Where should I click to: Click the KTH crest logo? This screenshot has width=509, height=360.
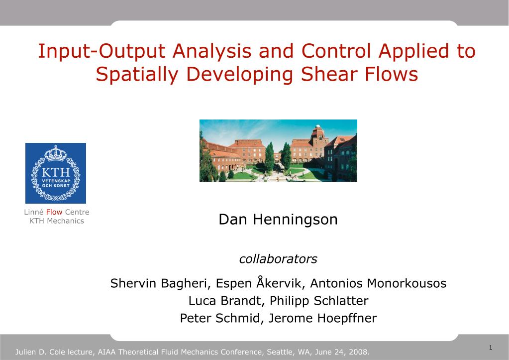pyautogui.click(x=56, y=173)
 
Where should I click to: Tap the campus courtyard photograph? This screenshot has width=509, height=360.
pyautogui.click(x=278, y=150)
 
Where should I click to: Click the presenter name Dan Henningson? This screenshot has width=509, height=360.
pyautogui.click(x=278, y=220)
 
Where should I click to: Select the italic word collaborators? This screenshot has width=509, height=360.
pyautogui.click(x=278, y=259)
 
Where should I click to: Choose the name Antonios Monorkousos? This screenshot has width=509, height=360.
pyautogui.click(x=378, y=284)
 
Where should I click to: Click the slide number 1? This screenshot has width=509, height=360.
pyautogui.click(x=490, y=347)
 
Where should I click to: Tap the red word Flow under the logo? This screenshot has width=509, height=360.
pyautogui.click(x=54, y=213)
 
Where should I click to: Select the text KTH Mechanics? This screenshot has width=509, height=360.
pyautogui.click(x=57, y=221)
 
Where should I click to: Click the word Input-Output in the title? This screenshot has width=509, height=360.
pyautogui.click(x=102, y=51)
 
